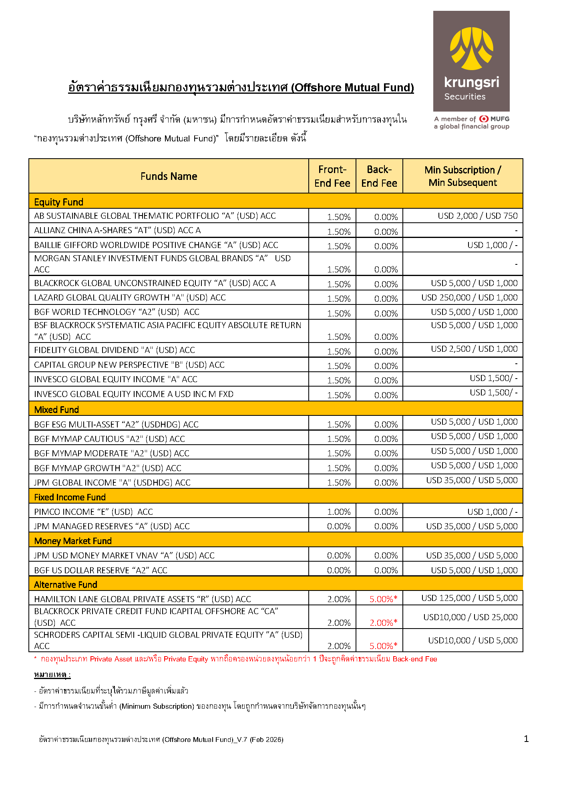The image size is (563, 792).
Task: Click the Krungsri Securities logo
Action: click(x=471, y=61)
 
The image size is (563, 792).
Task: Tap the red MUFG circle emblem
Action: click(x=484, y=119)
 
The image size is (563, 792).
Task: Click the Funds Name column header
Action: click(x=169, y=176)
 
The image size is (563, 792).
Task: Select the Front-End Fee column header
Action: click(x=332, y=176)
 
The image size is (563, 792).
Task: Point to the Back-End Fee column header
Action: click(x=379, y=176)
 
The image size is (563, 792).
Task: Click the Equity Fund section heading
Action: click(x=59, y=202)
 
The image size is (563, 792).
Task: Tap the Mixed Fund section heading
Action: click(x=56, y=409)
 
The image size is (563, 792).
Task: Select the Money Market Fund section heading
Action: click(x=73, y=541)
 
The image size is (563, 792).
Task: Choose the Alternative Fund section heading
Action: click(x=66, y=584)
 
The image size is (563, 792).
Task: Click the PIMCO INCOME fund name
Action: click(x=93, y=512)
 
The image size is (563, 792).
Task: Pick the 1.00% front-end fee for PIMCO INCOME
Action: click(x=339, y=512)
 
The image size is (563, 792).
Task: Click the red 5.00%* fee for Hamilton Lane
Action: click(x=383, y=599)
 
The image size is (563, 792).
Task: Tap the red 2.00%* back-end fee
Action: click(x=383, y=623)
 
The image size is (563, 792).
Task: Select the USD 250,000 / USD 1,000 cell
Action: click(x=469, y=298)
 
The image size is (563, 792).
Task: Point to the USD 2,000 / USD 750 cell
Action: click(x=477, y=216)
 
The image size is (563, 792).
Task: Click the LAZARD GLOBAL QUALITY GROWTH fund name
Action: click(x=130, y=298)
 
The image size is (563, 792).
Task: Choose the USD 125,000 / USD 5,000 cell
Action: click(x=469, y=598)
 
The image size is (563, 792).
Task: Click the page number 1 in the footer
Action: click(x=526, y=739)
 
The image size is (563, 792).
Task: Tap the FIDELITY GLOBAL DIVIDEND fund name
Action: click(x=114, y=350)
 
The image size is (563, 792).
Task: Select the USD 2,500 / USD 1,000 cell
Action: click(x=474, y=349)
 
